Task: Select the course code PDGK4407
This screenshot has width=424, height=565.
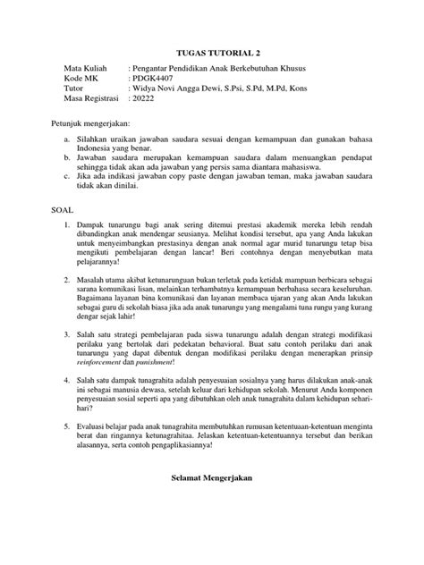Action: [154, 79]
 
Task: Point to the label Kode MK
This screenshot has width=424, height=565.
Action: [81, 79]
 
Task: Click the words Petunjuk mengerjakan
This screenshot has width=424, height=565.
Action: [95, 122]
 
